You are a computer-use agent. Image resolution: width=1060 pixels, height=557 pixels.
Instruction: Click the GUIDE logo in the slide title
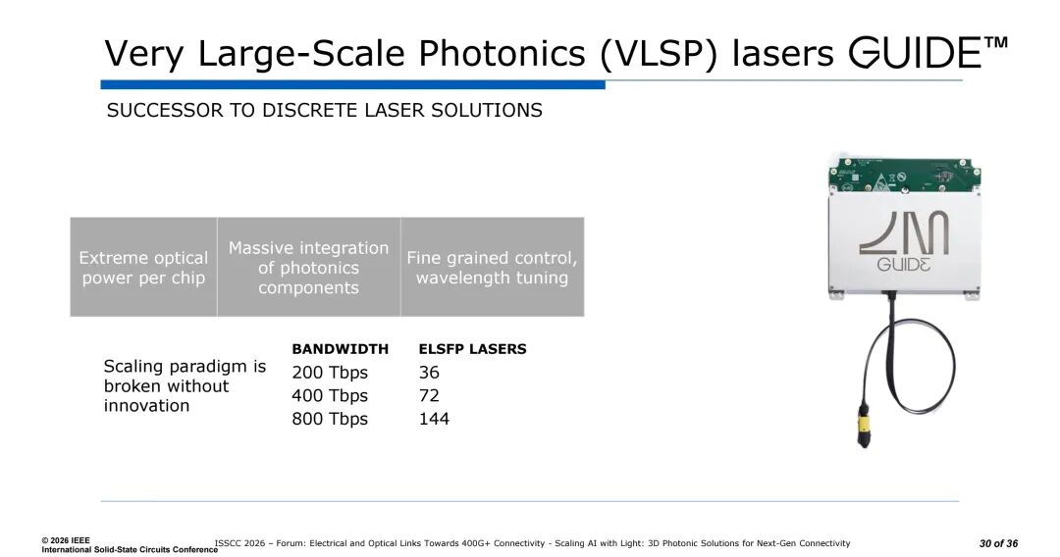pos(928,52)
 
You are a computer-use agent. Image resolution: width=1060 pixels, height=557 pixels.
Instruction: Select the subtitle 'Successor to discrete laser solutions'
pos(325,110)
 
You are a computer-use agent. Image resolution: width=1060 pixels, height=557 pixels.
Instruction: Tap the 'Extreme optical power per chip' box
pos(143,268)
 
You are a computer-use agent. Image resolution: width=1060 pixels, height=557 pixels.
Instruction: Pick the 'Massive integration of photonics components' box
pos(309,268)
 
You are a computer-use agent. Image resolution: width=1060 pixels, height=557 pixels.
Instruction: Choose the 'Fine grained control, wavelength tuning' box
pos(492,268)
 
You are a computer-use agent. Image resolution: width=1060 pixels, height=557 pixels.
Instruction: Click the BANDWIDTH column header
pos(340,349)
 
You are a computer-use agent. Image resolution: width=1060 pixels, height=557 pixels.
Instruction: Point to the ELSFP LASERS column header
pos(472,349)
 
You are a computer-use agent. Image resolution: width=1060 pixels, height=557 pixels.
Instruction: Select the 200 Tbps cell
pos(330,373)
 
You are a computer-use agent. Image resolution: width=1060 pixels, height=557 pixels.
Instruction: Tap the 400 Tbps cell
pos(330,395)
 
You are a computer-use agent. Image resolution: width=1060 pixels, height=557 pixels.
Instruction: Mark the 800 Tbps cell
pos(330,420)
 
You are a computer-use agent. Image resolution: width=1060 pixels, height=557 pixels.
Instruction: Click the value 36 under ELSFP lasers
pos(429,373)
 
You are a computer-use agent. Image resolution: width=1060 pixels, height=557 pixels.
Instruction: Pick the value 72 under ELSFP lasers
pos(429,395)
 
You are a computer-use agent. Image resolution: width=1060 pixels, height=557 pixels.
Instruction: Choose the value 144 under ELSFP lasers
pos(434,420)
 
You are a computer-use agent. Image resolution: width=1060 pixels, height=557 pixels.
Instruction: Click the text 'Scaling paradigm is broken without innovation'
pos(185,386)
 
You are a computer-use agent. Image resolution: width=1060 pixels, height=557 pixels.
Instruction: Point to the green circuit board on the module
pos(905,176)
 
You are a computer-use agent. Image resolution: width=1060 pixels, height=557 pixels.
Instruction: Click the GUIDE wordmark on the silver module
pos(903,264)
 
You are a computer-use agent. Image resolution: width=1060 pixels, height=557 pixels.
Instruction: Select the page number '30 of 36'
pos(998,543)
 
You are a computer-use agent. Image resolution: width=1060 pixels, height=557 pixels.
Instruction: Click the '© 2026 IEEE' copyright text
pos(66,540)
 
